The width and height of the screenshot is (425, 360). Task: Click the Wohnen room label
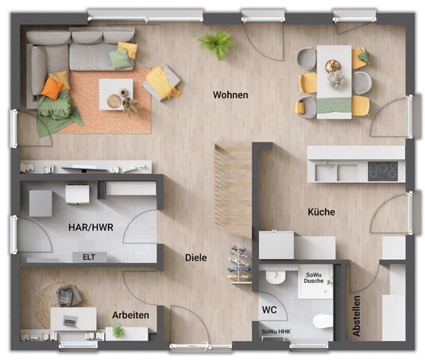230,95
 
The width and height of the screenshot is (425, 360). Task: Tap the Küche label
321,211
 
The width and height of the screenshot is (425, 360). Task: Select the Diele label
195,257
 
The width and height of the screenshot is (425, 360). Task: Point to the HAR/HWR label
91,227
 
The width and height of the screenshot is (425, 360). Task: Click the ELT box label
89,257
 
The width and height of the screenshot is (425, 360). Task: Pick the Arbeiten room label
130,315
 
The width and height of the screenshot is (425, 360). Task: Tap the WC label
269,310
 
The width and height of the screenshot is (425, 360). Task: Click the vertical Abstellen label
356,315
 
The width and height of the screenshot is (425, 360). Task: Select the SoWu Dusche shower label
314,278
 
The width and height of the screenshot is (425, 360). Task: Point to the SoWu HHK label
276,331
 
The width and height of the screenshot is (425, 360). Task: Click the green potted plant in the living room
217,44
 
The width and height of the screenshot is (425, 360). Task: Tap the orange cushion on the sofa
52,87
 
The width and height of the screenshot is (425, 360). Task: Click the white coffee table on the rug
116,94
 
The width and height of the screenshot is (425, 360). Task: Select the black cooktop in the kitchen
383,171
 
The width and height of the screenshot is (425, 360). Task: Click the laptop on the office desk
71,321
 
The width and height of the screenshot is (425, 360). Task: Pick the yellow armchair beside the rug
162,83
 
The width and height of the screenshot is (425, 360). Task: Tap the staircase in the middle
233,190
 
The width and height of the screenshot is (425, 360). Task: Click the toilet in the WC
323,321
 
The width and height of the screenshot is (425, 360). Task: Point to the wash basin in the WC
276,277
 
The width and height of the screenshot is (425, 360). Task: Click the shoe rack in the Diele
240,265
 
